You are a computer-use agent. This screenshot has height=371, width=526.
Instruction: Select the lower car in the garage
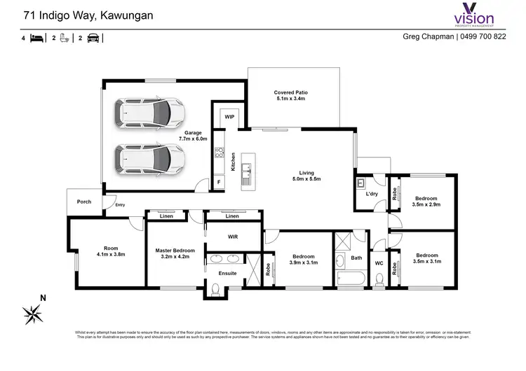[x=151, y=159]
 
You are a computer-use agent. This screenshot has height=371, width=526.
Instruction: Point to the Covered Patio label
[x=290, y=96]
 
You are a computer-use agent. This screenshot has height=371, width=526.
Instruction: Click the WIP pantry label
[x=229, y=117]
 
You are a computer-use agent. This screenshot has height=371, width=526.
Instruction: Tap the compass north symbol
[x=33, y=311]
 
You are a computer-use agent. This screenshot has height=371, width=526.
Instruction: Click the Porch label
[x=84, y=202]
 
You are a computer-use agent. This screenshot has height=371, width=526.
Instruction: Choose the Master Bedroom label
[x=175, y=253]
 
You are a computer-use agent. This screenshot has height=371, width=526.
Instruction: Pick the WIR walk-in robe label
[x=233, y=237]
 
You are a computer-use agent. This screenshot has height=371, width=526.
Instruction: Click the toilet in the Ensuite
[x=217, y=288]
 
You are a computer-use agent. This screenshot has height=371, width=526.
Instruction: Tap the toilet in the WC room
[x=379, y=279]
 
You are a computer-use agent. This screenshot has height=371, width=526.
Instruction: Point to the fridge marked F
[x=219, y=183]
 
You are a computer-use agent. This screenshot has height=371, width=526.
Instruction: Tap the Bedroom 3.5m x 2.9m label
[x=426, y=201]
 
